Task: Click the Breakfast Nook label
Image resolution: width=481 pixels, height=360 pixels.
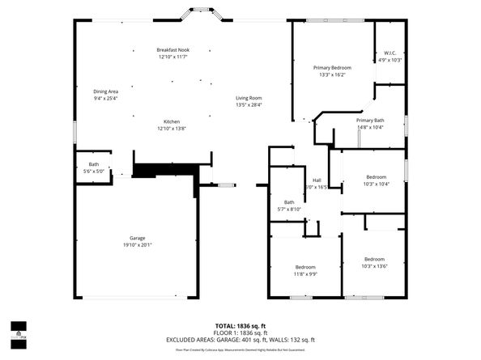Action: [172, 50]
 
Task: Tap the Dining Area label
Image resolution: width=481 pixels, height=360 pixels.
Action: [105, 91]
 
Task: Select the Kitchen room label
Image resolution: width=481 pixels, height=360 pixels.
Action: [172, 121]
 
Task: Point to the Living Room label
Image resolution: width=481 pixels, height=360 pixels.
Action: [249, 98]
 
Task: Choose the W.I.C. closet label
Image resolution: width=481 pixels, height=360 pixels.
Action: [389, 53]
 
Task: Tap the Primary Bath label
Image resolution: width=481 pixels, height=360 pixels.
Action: [370, 120]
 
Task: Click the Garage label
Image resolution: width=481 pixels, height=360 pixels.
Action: [138, 238]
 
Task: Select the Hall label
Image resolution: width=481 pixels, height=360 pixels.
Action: [317, 180]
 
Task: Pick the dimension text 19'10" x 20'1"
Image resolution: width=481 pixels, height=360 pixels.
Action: [138, 244]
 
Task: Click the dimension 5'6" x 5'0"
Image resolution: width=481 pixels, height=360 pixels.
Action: [94, 171]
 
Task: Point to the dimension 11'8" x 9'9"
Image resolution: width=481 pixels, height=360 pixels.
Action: [305, 273]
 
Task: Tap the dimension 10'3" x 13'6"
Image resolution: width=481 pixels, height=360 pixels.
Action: [375, 265]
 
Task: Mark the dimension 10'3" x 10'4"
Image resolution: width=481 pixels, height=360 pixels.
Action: [377, 184]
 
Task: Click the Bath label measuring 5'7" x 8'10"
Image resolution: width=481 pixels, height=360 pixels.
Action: [289, 202]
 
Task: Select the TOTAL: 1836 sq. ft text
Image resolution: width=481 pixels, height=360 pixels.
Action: [240, 325]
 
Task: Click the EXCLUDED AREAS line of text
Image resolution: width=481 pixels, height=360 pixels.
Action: [240, 340]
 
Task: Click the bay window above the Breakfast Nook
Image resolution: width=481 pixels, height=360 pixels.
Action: [197, 13]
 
